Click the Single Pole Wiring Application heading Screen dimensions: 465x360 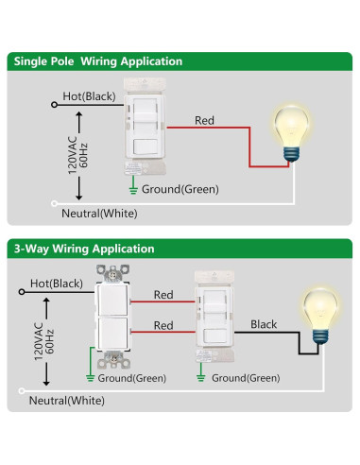tap(97, 61)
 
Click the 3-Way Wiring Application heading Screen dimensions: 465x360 tap(83, 249)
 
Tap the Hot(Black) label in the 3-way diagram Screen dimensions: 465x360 tap(55, 284)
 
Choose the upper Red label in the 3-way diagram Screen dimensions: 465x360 tap(163, 294)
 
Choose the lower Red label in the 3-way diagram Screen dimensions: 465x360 tap(163, 325)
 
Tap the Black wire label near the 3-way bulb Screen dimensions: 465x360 tap(264, 324)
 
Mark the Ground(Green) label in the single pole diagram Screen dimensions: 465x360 tap(180, 188)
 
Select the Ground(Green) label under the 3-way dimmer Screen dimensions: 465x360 tap(245, 378)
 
